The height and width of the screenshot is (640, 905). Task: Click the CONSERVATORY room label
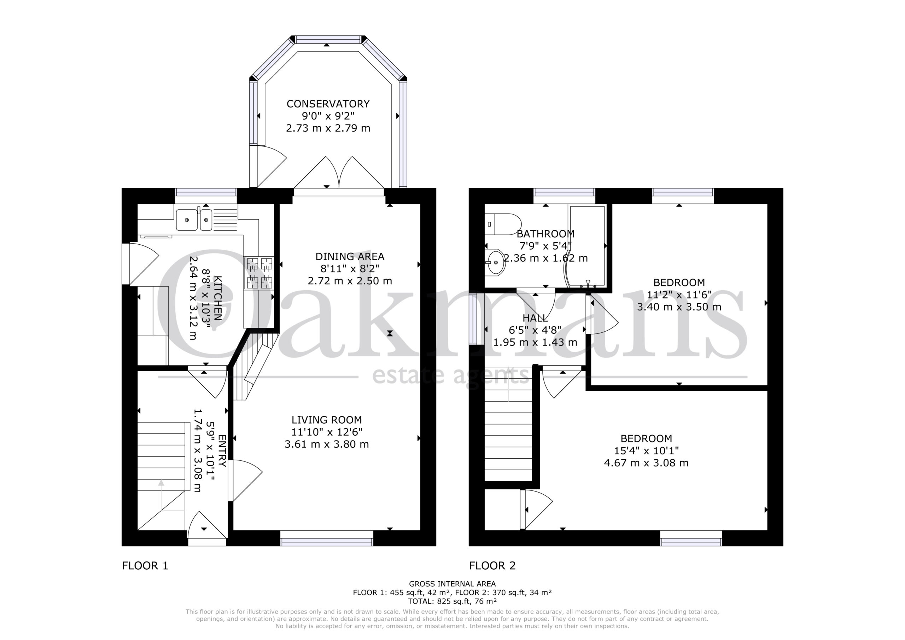click(x=328, y=104)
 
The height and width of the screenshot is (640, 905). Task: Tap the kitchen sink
click(x=194, y=220)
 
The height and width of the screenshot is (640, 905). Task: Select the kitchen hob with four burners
click(x=260, y=273)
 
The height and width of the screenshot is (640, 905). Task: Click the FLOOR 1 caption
click(x=145, y=565)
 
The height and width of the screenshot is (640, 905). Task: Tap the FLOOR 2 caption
click(x=492, y=565)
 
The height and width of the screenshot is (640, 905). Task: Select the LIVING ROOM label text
click(x=327, y=420)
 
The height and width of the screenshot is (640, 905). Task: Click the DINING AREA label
click(x=350, y=256)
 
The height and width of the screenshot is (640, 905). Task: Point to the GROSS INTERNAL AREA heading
click(x=452, y=584)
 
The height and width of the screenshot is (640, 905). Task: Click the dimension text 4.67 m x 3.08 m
click(x=647, y=462)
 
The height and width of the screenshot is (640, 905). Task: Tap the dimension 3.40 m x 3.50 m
click(x=679, y=307)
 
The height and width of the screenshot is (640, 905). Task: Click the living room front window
click(x=327, y=538)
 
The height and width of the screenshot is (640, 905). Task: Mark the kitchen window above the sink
click(x=206, y=192)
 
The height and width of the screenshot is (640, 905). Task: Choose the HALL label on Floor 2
click(x=535, y=318)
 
